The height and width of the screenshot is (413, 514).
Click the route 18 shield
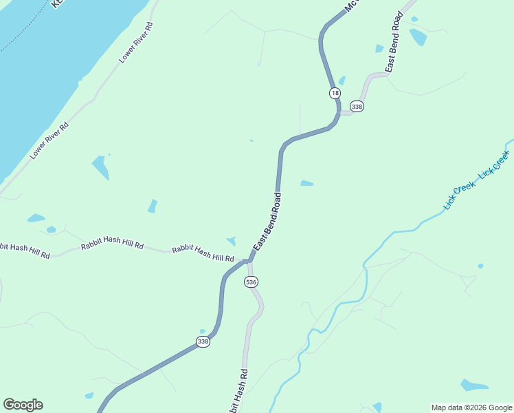(x=335, y=93)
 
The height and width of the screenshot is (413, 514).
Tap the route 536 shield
(x=251, y=282)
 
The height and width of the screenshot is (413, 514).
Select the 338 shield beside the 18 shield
(x=357, y=107)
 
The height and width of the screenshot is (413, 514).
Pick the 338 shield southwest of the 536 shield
(x=203, y=342)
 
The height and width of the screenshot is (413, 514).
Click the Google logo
(x=23, y=405)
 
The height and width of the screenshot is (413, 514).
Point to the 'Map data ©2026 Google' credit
(x=471, y=407)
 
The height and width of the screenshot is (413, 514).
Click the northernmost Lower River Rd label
(x=136, y=43)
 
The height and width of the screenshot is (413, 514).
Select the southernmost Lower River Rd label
(x=49, y=141)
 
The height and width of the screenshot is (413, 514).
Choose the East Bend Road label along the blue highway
(x=268, y=222)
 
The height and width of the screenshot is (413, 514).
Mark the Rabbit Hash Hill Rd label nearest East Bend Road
(x=203, y=253)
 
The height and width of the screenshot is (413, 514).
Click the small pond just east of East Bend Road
(x=306, y=183)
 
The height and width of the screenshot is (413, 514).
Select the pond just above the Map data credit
(x=473, y=385)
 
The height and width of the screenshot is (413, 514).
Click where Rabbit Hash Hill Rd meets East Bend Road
(x=246, y=262)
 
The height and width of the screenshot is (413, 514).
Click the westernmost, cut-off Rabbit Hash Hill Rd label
(x=24, y=250)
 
